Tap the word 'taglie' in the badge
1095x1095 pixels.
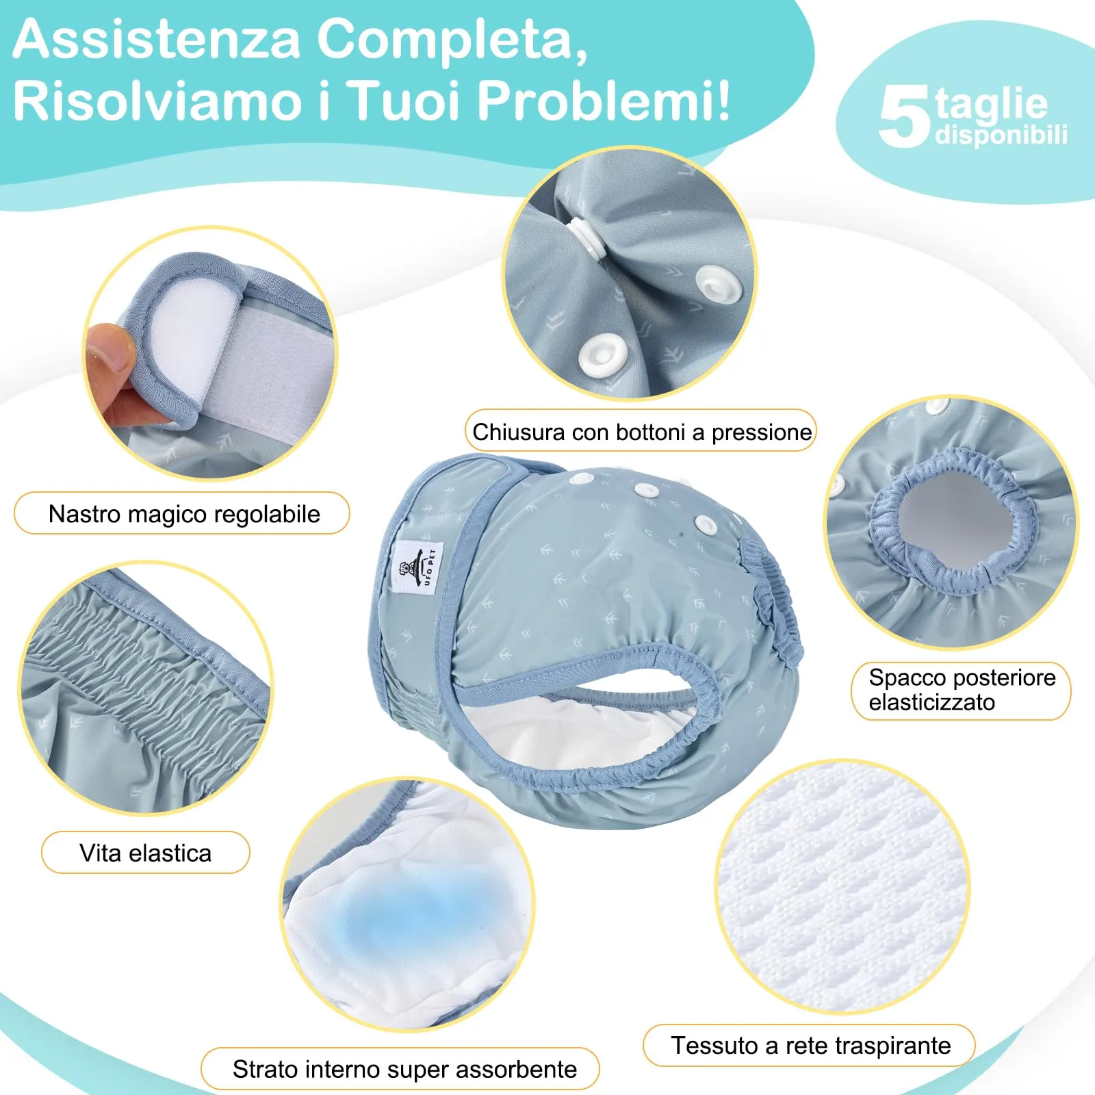click(991, 103)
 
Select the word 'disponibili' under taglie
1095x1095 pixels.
click(1001, 135)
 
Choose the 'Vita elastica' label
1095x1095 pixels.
click(146, 853)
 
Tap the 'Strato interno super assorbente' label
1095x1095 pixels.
click(404, 1068)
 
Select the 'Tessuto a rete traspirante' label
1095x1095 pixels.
click(810, 1045)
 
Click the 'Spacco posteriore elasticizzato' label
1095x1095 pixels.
click(961, 690)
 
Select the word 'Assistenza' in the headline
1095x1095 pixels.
click(157, 39)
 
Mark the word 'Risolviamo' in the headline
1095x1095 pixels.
click(157, 101)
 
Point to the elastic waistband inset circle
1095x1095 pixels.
click(145, 688)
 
